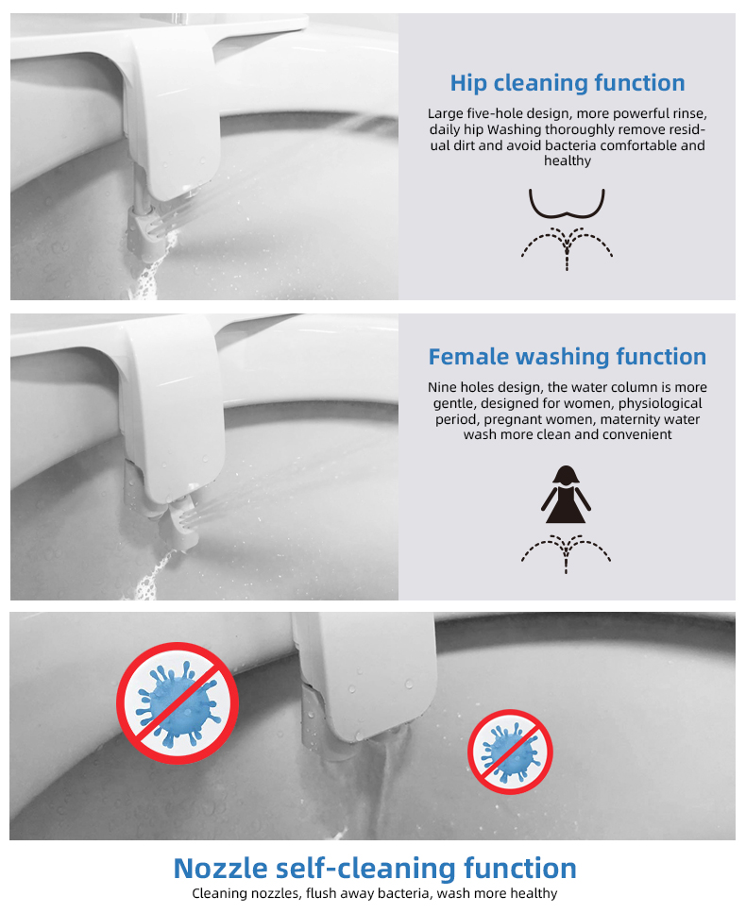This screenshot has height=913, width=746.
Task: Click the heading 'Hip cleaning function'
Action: click(567, 83)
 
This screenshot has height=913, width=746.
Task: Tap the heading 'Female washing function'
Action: click(567, 357)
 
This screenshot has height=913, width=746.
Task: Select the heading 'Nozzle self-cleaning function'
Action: click(375, 868)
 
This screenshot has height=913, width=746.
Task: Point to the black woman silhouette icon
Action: click(566, 494)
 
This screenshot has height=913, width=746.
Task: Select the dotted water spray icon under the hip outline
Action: click(567, 247)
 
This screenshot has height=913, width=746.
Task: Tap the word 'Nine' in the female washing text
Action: click(443, 387)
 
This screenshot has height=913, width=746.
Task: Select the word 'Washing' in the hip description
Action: click(514, 130)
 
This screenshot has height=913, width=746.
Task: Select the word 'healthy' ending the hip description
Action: click(567, 161)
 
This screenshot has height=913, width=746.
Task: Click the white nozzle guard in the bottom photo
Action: click(364, 675)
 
